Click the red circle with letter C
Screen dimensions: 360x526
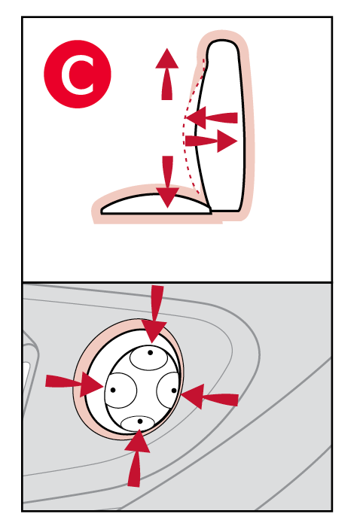click(78, 74)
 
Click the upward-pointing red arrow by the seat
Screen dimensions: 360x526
click(167, 74)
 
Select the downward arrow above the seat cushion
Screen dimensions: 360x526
click(167, 181)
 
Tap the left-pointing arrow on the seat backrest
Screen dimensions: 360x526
click(212, 117)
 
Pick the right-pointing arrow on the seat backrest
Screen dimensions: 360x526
click(212, 141)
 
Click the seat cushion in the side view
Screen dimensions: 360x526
click(157, 204)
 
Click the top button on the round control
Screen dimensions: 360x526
click(148, 357)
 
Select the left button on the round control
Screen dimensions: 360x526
click(121, 391)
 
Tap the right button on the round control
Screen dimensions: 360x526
click(168, 391)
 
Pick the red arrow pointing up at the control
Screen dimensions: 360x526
click(136, 458)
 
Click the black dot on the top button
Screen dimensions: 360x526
click(150, 353)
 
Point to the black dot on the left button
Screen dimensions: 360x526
click(113, 390)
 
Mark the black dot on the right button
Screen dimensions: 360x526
click(174, 390)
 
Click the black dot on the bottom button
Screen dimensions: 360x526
click(140, 421)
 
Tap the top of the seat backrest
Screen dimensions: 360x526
click(223, 41)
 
